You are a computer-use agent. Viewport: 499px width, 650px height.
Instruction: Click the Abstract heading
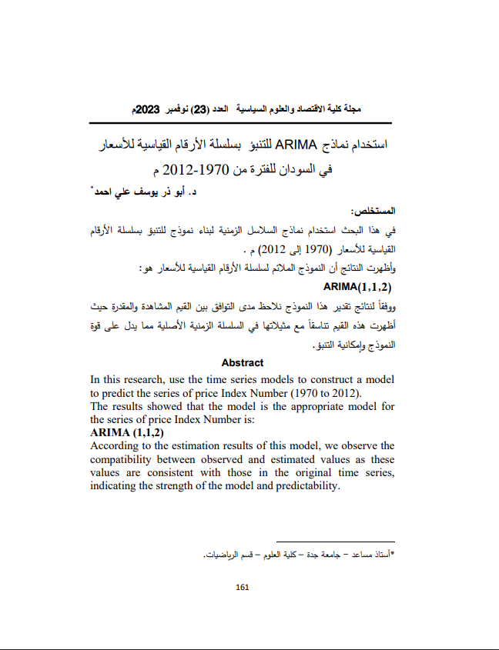coord(242,362)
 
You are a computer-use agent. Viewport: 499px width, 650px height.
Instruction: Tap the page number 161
coord(243,587)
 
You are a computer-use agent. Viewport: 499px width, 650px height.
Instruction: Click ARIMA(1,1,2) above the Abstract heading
coord(358,287)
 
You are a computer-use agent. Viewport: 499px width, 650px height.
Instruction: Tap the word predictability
coord(303,486)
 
